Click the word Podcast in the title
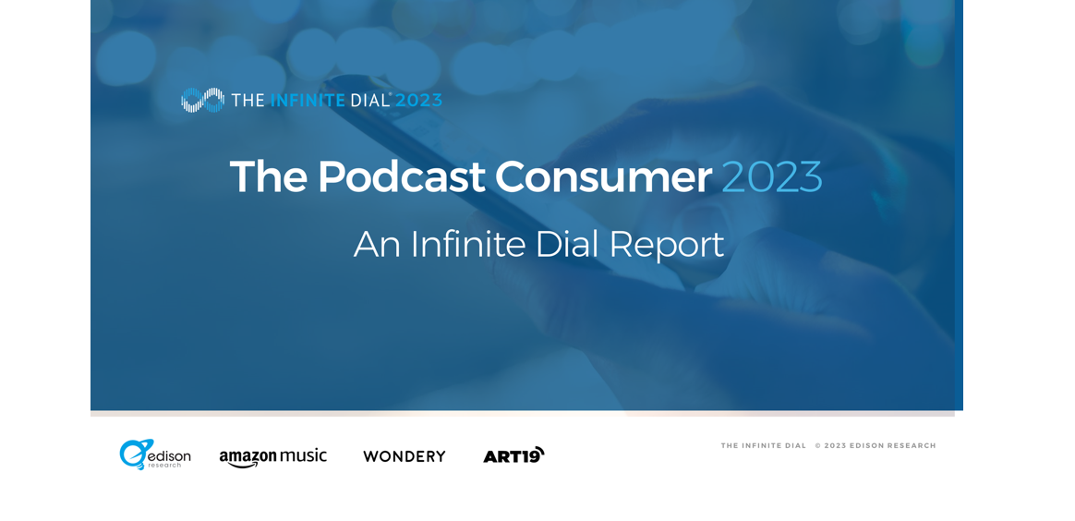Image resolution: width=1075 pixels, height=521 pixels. [x=401, y=176]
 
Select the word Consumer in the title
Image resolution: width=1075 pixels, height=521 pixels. [x=603, y=176]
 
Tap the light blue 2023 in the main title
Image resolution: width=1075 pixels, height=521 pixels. [x=772, y=176]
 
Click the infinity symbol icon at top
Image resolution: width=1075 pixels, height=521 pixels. [x=202, y=100]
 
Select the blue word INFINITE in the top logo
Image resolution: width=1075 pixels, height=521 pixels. [x=308, y=100]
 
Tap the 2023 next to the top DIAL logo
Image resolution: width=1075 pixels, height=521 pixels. [x=418, y=100]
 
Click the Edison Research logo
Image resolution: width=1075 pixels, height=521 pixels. [x=155, y=454]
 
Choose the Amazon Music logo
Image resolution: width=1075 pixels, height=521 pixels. [x=272, y=457]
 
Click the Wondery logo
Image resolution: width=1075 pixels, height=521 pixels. [x=405, y=456]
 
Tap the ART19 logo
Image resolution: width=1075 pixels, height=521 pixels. [x=513, y=455]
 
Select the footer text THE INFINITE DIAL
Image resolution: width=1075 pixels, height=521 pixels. [x=763, y=445]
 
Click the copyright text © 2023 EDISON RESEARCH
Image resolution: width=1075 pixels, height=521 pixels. [x=876, y=445]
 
